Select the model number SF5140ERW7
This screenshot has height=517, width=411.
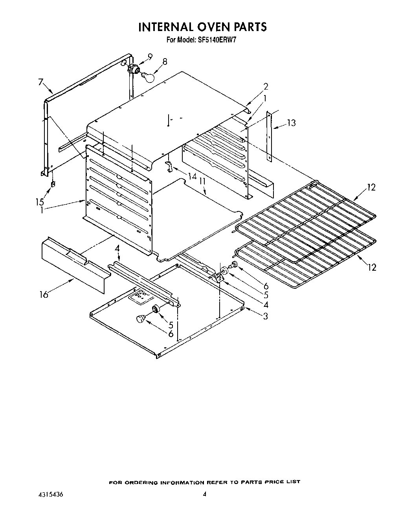(x=222, y=39)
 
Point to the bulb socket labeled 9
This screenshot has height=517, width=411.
(x=134, y=69)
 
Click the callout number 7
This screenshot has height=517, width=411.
(x=40, y=82)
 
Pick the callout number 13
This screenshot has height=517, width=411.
(x=291, y=123)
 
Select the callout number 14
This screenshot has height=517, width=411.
(x=192, y=176)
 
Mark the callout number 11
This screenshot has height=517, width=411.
(x=202, y=181)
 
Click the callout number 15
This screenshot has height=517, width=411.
(x=39, y=202)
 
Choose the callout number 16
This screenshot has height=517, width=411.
(x=44, y=294)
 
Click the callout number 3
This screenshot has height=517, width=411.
(x=266, y=316)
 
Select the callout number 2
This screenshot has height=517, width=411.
(x=266, y=86)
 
